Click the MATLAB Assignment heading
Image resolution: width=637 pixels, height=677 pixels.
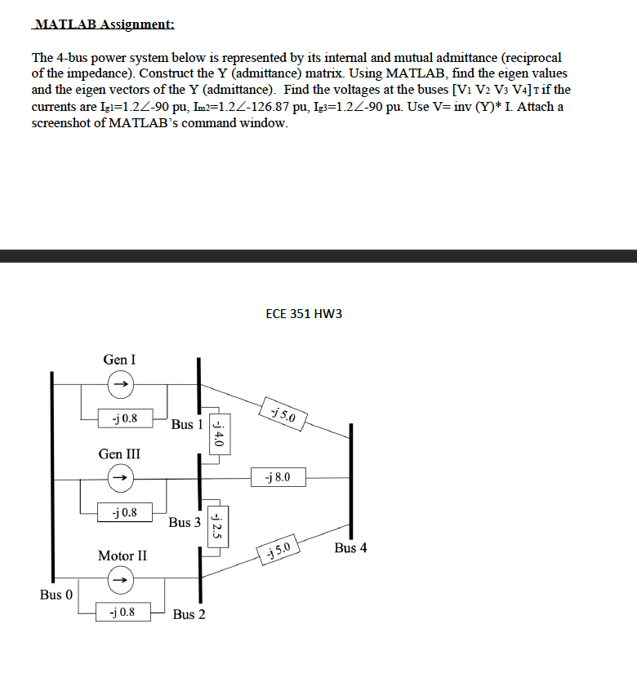(x=103, y=24)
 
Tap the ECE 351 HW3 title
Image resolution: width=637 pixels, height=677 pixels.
(x=304, y=313)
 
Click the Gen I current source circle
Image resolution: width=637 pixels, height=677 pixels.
(x=119, y=382)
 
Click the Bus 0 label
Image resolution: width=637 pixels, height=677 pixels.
(x=56, y=595)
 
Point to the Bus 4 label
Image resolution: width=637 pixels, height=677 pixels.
(x=350, y=548)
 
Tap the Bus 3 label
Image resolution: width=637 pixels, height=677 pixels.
(x=185, y=522)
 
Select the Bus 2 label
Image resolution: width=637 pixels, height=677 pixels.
(x=189, y=614)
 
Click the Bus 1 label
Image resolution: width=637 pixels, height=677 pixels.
(x=187, y=424)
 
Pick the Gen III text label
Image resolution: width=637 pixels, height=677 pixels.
(x=119, y=453)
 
